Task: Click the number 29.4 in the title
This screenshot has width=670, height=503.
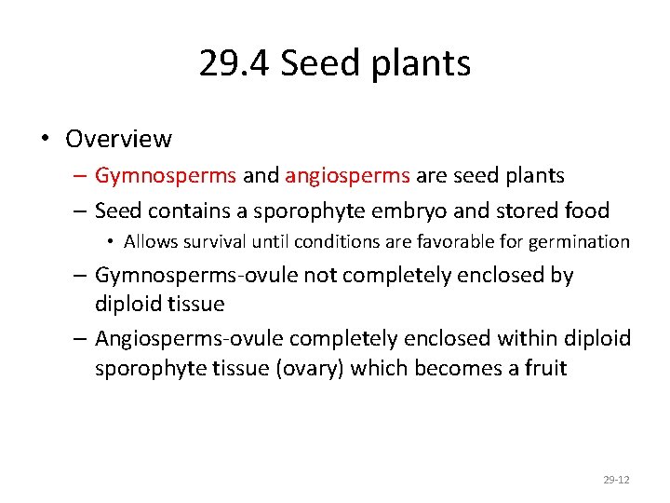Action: point(234,63)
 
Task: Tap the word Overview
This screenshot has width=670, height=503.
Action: point(118,139)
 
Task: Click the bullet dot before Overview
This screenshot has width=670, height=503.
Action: point(45,140)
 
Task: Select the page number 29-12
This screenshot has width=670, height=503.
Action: point(616,480)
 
